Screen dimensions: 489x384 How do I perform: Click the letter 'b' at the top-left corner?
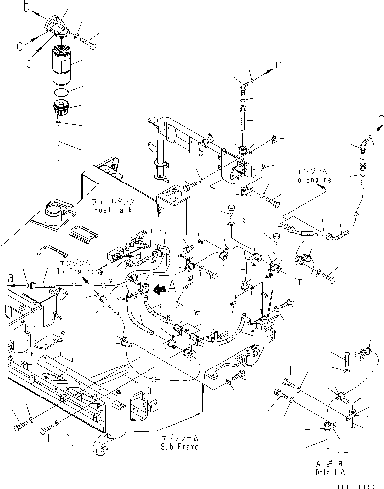pyautogui.click(x=28, y=7)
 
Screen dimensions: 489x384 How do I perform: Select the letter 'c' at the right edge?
pyautogui.click(x=380, y=120)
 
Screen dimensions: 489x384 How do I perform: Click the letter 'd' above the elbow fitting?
pyautogui.click(x=278, y=64)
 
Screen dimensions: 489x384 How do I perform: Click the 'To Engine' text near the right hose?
pyautogui.click(x=313, y=180)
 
